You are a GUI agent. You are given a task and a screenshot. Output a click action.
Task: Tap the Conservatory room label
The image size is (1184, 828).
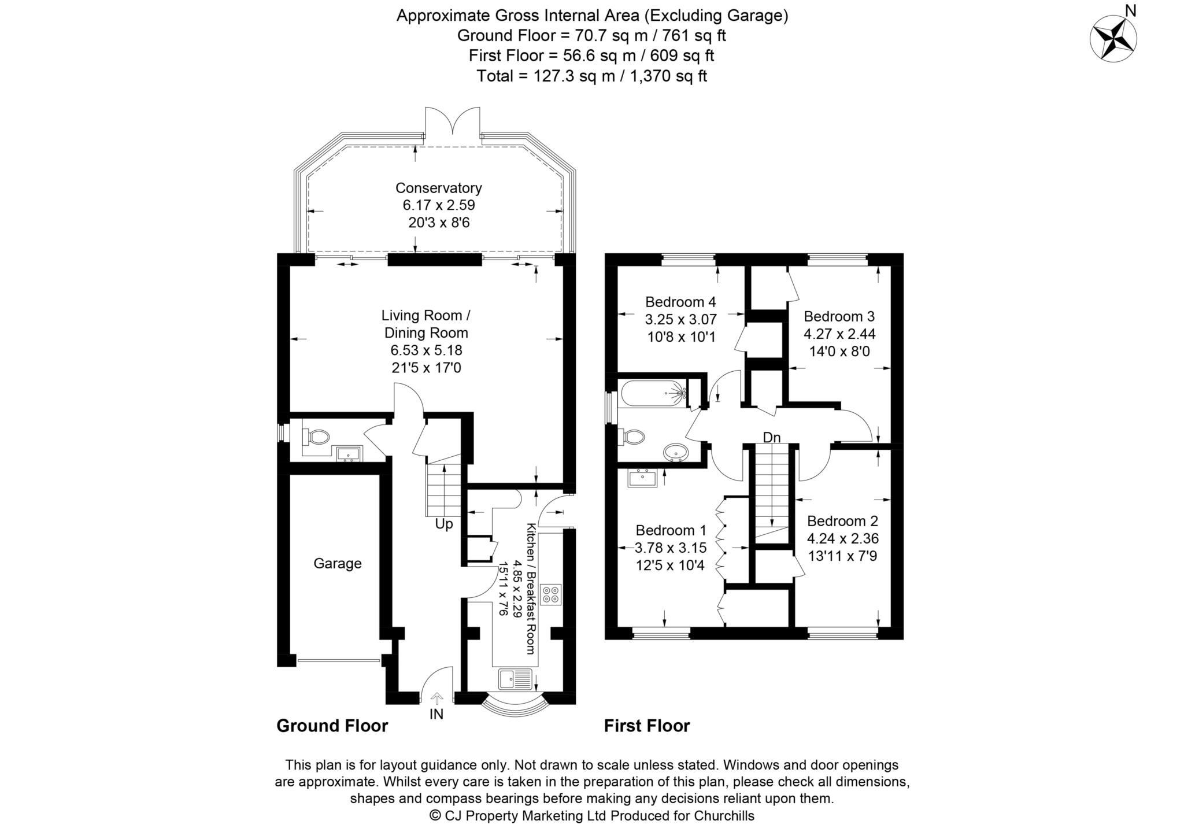(x=438, y=188)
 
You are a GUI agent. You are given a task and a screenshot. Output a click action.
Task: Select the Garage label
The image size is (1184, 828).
(x=337, y=563)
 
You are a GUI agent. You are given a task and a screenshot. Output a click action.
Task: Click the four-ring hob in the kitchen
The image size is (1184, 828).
(x=551, y=595)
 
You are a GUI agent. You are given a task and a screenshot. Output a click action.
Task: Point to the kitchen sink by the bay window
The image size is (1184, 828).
(x=515, y=679)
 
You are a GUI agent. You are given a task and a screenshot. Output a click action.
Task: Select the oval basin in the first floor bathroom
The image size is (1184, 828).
(x=675, y=453)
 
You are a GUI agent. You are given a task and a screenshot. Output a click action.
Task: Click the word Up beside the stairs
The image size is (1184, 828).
(x=444, y=524)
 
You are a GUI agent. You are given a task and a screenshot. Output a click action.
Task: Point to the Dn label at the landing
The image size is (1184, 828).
(x=771, y=438)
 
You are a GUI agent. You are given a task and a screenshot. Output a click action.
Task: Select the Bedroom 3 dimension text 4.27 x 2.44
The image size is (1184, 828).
(x=839, y=334)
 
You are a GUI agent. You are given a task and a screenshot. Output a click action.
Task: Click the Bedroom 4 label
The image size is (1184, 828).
(x=680, y=302)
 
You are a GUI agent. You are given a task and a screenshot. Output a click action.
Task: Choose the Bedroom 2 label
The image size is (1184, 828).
(x=842, y=520)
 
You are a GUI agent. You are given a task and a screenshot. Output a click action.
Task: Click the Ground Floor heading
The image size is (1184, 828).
(x=332, y=726)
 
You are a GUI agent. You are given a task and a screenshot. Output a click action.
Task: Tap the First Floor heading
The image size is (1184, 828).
(x=646, y=726)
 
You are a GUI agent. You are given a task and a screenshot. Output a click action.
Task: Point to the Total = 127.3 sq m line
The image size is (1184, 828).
(x=591, y=76)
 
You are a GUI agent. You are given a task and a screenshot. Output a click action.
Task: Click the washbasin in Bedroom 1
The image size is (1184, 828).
(x=642, y=478)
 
